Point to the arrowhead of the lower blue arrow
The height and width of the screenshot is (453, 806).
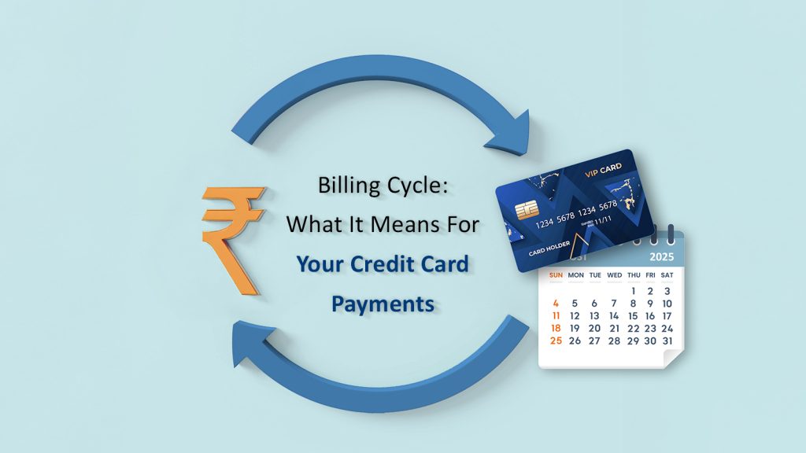[x=250, y=341]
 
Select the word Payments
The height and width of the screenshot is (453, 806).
[x=383, y=303]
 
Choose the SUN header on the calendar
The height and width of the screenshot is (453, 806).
[x=556, y=275]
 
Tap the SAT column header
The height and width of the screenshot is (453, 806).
[x=667, y=275]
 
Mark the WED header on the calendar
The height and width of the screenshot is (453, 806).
[x=614, y=275]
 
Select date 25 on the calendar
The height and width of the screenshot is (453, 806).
[x=556, y=341]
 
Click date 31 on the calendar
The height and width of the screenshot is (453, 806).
[x=667, y=341]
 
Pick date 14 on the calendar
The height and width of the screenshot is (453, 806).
[x=614, y=315]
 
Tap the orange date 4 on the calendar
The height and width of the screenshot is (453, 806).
[x=556, y=303]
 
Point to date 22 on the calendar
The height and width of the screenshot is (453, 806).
[x=633, y=328]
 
